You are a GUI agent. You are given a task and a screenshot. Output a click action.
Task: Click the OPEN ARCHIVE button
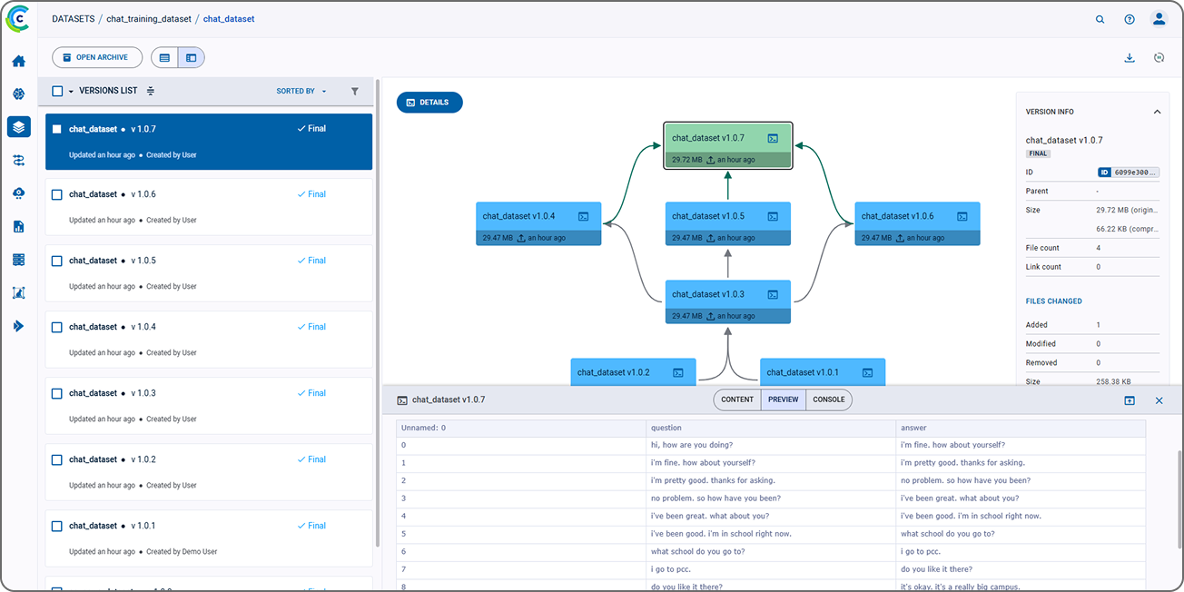click(x=97, y=57)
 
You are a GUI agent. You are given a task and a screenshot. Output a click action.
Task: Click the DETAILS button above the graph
click(x=429, y=103)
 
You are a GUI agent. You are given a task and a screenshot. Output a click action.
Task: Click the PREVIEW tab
click(x=783, y=400)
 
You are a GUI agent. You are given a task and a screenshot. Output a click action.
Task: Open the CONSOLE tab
click(x=828, y=400)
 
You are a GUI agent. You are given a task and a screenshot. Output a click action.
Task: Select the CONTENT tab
click(x=737, y=400)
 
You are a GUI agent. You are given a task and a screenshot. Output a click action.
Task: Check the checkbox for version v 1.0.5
click(x=57, y=261)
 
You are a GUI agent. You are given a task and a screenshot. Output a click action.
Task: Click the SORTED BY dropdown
click(x=301, y=91)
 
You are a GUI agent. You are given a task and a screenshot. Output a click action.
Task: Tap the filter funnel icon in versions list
click(x=355, y=91)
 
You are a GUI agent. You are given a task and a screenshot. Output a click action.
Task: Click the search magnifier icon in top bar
click(x=1100, y=19)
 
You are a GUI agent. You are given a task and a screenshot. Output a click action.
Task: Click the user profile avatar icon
click(x=1159, y=19)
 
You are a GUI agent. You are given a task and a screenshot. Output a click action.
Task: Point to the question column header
click(x=666, y=428)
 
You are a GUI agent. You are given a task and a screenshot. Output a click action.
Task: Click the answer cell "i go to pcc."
click(x=922, y=551)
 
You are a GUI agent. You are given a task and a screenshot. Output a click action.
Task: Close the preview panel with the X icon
click(x=1159, y=400)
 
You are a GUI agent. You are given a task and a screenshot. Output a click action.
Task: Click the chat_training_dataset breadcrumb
click(x=149, y=19)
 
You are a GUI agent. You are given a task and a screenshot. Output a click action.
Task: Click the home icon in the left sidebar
click(x=19, y=62)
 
